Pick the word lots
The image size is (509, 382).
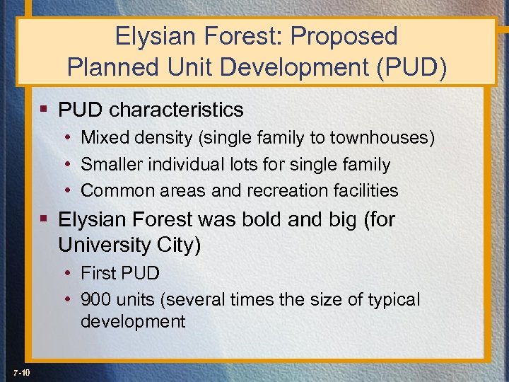[x=259, y=164]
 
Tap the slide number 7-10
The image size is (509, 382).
[x=21, y=372]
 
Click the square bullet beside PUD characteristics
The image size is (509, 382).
[x=45, y=110]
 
